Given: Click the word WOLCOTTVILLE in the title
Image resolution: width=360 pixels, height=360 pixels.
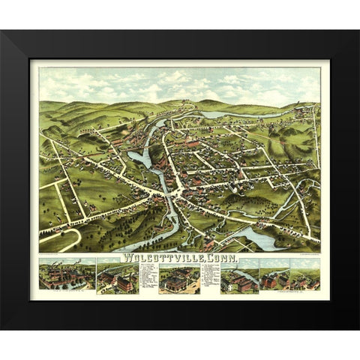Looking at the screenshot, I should tap(150, 258).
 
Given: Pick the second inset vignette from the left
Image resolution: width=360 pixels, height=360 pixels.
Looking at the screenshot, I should tap(118, 278).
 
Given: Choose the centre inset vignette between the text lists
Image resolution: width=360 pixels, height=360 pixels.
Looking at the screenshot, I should tap(179, 279).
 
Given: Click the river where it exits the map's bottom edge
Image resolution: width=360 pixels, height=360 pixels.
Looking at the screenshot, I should tap(131, 248).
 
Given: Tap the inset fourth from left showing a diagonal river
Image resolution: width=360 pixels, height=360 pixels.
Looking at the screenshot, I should tap(239, 277).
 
